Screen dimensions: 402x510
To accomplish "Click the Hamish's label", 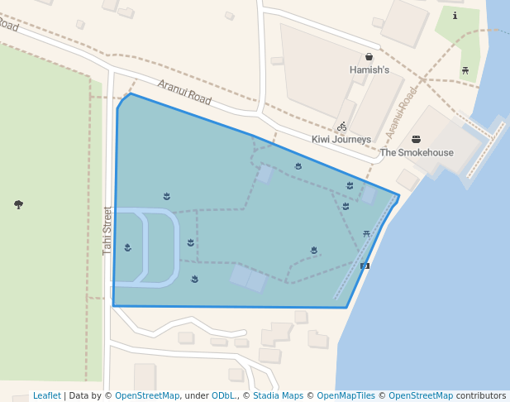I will (369, 70).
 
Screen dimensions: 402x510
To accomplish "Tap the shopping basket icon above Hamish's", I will (369, 57).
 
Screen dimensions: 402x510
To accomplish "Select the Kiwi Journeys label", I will (341, 140).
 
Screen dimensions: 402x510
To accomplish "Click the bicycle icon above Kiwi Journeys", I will (341, 127).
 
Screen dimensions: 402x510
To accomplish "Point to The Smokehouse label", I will (417, 153).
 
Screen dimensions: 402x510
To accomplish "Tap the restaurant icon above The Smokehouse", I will (416, 140).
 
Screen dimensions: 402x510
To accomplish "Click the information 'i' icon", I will (455, 16).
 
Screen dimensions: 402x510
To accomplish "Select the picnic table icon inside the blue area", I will (366, 234).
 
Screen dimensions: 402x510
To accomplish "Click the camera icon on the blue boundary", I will (365, 266).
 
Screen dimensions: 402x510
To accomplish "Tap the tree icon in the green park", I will (18, 204).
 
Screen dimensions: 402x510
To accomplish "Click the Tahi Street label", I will (107, 230).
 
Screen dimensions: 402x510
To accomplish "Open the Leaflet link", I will (46, 396).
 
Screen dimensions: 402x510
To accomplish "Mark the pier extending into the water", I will (484, 150).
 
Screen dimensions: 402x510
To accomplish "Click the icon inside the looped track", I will (127, 247).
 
